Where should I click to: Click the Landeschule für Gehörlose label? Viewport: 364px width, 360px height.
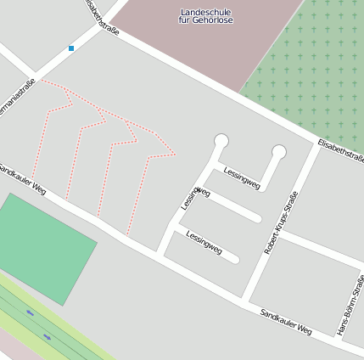(x=206, y=15)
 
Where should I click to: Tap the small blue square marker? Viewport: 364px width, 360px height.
(x=71, y=48)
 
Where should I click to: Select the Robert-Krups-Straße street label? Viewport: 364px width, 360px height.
(x=282, y=222)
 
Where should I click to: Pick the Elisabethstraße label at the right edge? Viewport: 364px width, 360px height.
(x=340, y=152)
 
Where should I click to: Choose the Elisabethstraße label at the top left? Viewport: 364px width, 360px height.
(x=100, y=16)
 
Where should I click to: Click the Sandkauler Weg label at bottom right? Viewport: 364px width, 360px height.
(x=285, y=323)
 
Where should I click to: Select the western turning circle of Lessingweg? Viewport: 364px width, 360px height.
(x=221, y=141)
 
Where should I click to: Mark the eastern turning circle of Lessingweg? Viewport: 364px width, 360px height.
(x=278, y=153)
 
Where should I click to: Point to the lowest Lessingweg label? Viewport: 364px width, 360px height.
(x=204, y=243)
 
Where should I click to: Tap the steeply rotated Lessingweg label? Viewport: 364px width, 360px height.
(x=193, y=198)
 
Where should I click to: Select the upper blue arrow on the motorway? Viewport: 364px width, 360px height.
(x=30, y=312)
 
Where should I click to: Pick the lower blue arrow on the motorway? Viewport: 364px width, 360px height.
(x=48, y=336)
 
